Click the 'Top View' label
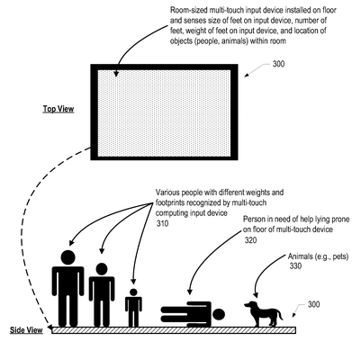pos(59,109)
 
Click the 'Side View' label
pos(26,330)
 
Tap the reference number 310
pos(162,223)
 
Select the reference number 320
pos(250,240)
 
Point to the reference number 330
pos(295,265)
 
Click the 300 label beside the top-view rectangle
pos(278,64)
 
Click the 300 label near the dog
pos(313,304)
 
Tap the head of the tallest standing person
pos(68,258)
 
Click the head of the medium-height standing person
pos(102,269)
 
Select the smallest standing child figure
pos(133,308)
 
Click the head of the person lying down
pos(219,314)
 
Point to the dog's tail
pos(280,315)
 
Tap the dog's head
pos(250,305)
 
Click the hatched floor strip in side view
pos(174,330)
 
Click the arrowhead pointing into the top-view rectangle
pos(116,74)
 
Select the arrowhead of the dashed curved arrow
pos(50,328)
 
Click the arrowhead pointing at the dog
pos(256,295)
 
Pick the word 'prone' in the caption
pos(340,220)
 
